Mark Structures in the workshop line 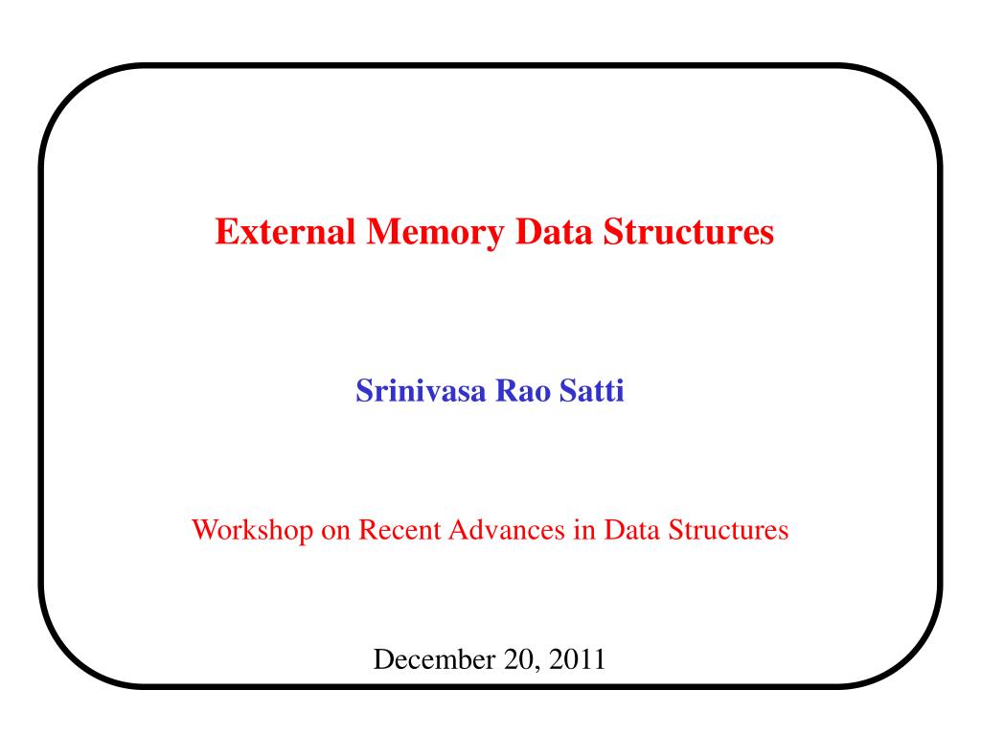[728, 530]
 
